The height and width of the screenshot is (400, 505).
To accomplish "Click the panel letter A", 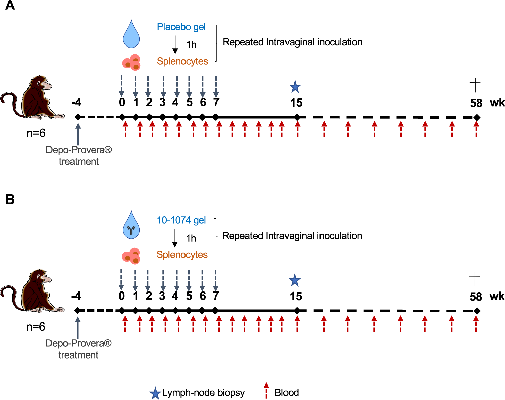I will (x=10, y=6).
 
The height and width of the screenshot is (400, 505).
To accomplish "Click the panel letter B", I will (x=10, y=199).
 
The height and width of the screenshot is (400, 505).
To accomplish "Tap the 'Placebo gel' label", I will (x=181, y=27).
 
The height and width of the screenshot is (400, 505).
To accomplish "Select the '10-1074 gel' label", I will (x=181, y=220).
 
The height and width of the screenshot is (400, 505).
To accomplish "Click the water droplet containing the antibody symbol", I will (x=131, y=225).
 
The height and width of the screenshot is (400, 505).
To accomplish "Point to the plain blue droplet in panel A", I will (x=131, y=34).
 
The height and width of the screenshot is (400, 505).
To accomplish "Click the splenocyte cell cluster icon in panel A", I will (x=131, y=62).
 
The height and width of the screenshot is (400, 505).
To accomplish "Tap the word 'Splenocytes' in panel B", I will (x=182, y=255).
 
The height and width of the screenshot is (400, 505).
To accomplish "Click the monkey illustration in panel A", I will (x=34, y=97).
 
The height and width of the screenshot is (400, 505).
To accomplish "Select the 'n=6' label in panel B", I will (x=36, y=327).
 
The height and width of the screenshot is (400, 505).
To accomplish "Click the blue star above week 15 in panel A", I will (x=295, y=87).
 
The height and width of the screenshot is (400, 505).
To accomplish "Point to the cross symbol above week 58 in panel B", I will (x=474, y=279).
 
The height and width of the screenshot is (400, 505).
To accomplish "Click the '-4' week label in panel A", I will (x=76, y=102).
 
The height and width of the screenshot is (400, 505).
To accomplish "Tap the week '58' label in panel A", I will (x=476, y=103).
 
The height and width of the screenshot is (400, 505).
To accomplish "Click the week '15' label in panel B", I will (x=296, y=297).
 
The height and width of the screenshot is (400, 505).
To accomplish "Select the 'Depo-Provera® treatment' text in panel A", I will (x=79, y=156).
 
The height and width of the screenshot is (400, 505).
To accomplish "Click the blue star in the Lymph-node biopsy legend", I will (x=155, y=393).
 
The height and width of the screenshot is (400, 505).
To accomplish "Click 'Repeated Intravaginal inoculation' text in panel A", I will (x=292, y=42).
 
